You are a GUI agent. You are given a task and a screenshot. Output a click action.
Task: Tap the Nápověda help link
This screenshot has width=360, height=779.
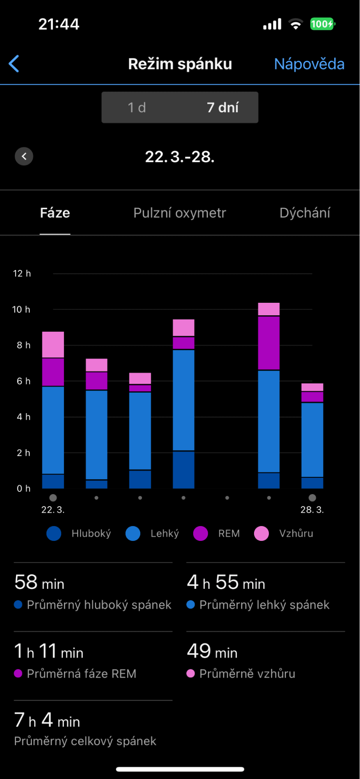[x=309, y=64]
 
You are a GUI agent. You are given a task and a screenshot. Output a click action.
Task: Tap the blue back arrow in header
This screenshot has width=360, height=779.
[x=14, y=64]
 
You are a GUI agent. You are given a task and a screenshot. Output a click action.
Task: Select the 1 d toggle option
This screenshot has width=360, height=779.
[x=137, y=108]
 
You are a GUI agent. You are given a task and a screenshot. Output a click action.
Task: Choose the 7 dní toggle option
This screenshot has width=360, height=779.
[x=222, y=108]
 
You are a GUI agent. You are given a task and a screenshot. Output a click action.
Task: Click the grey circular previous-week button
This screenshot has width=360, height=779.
[x=24, y=157]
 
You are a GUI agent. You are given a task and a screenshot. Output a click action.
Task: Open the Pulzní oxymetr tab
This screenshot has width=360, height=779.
[x=180, y=213]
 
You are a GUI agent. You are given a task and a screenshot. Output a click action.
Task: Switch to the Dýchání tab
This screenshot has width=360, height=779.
[x=305, y=213]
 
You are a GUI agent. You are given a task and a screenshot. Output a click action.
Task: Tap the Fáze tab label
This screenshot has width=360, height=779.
[x=55, y=213]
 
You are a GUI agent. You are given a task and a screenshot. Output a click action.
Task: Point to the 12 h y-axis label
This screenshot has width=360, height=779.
[x=22, y=274]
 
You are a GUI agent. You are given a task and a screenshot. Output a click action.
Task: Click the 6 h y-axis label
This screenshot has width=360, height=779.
[x=23, y=381]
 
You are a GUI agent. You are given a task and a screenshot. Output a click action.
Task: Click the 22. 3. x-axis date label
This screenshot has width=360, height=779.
[x=53, y=510]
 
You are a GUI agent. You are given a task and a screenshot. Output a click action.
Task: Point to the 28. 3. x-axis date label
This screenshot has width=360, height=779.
[x=312, y=510]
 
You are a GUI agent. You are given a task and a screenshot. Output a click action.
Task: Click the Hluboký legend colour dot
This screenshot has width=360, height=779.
[x=54, y=533]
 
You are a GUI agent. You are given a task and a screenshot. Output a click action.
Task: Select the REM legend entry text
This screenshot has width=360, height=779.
[x=229, y=533]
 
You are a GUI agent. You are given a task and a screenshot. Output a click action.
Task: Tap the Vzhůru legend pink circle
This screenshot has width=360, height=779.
[x=261, y=533]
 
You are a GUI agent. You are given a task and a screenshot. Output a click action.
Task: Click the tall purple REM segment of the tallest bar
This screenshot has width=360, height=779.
[x=269, y=343]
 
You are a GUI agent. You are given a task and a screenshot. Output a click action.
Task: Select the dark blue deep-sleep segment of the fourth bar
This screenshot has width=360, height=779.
[x=184, y=470]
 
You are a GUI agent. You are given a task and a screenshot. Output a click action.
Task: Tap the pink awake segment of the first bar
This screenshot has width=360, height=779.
[x=53, y=344]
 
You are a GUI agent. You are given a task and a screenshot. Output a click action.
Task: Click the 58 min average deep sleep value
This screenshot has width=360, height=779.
[x=39, y=583]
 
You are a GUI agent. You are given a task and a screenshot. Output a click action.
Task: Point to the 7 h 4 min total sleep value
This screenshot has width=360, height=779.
[x=47, y=721]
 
